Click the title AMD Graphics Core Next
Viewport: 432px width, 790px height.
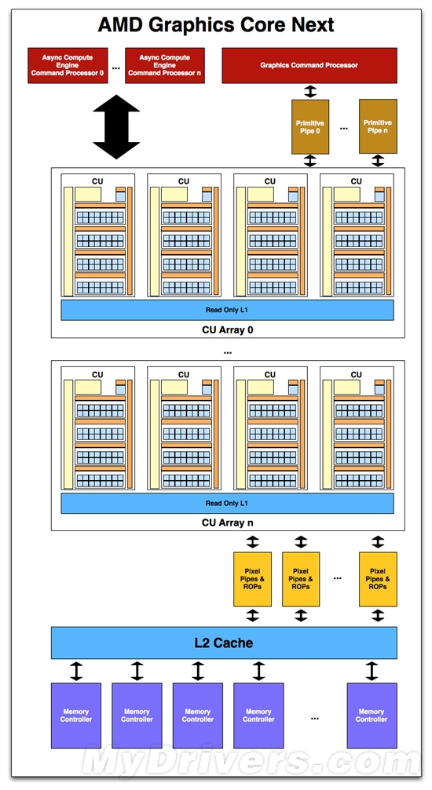pyautogui.click(x=216, y=24)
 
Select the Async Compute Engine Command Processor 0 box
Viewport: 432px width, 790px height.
pyautogui.click(x=68, y=66)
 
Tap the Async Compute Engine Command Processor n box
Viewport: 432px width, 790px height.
pyautogui.click(x=165, y=66)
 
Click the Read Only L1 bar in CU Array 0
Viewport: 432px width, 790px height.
pyautogui.click(x=227, y=310)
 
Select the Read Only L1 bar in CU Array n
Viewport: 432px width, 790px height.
pyautogui.click(x=227, y=503)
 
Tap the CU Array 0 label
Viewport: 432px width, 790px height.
pyautogui.click(x=227, y=329)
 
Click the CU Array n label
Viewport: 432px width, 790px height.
pyautogui.click(x=227, y=522)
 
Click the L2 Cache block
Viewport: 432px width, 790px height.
pyautogui.click(x=224, y=643)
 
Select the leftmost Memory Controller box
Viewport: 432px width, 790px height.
pyautogui.click(x=76, y=715)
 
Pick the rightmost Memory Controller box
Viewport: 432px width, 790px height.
pyautogui.click(x=372, y=715)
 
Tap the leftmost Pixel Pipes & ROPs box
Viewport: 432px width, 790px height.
pyautogui.click(x=252, y=580)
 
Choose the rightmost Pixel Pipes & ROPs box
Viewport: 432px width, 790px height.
pyautogui.click(x=378, y=580)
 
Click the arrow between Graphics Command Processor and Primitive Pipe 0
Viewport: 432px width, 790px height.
pyautogui.click(x=310, y=91)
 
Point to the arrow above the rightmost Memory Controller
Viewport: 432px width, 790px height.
pyautogui.click(x=372, y=671)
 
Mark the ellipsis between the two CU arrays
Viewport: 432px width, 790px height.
pyautogui.click(x=227, y=352)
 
